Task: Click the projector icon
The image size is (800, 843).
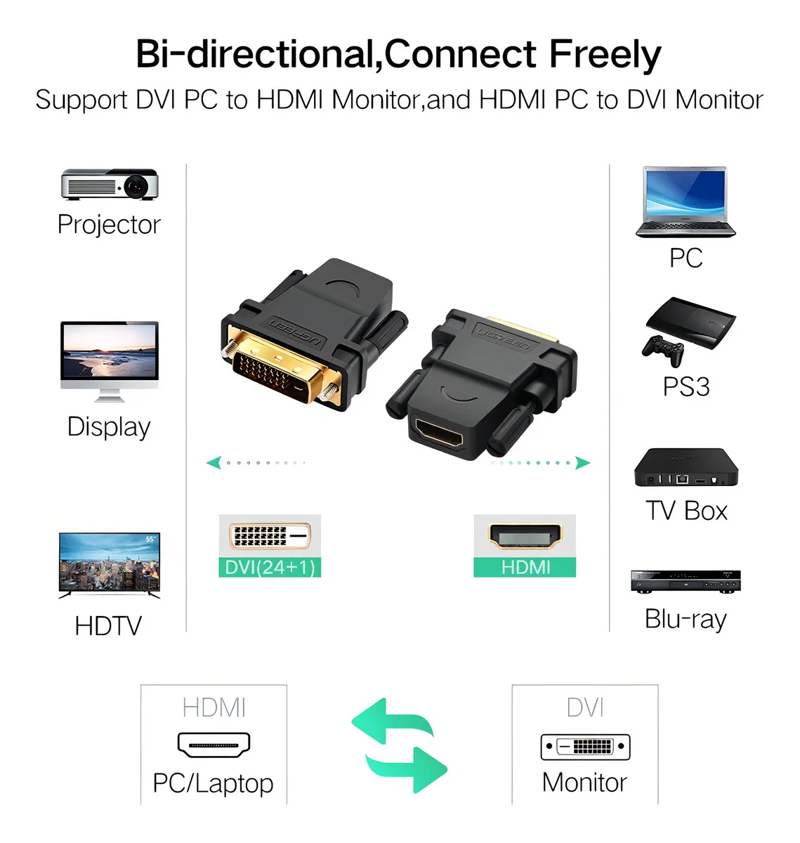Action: tap(110, 184)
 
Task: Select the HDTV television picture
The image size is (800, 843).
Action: tap(110, 565)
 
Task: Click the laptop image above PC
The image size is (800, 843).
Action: tap(686, 202)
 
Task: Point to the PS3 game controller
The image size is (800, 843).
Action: tap(662, 349)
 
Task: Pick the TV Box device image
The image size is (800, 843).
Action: tap(686, 468)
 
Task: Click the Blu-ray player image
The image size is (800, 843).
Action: tap(686, 581)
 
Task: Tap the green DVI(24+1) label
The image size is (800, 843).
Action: tap(270, 567)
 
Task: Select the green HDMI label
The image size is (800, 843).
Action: tap(525, 567)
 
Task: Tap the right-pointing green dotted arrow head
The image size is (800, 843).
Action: tap(582, 462)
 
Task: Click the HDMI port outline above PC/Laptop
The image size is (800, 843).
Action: tap(214, 745)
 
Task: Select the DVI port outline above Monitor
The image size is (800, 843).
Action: tap(585, 746)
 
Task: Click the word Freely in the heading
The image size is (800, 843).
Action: tap(605, 55)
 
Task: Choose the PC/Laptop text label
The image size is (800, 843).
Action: tap(213, 783)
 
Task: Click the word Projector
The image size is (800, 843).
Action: tap(109, 225)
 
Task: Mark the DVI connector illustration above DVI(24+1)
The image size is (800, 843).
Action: tap(270, 536)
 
